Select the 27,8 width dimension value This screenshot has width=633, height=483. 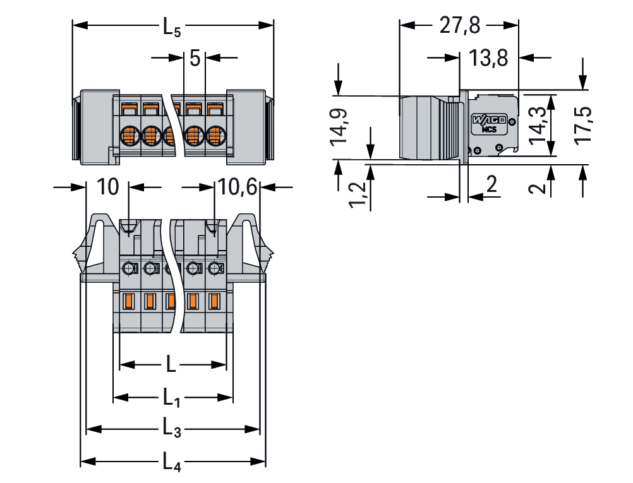(x=460, y=26)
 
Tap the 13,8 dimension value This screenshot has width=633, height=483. (x=489, y=58)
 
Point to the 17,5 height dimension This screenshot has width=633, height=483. (x=584, y=126)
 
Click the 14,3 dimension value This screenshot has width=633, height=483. (x=538, y=126)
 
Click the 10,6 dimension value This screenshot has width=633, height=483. (x=237, y=187)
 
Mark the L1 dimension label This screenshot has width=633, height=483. (x=172, y=398)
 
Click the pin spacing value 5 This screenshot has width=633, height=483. (x=195, y=59)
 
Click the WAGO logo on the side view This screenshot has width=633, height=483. (x=488, y=120)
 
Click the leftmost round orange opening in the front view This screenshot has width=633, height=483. (x=130, y=134)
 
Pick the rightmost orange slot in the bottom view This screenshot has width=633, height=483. (x=215, y=301)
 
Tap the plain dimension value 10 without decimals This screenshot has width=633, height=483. (x=108, y=187)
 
